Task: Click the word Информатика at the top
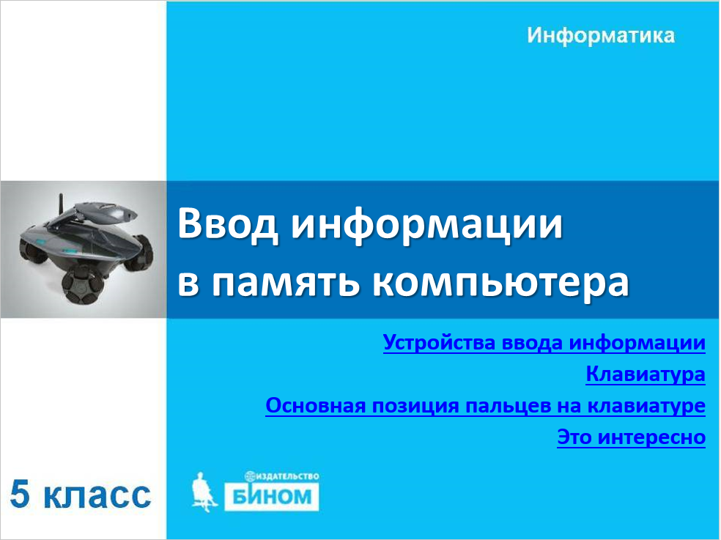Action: (x=601, y=35)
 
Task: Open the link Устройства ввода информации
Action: (x=544, y=343)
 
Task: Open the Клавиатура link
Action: (x=646, y=374)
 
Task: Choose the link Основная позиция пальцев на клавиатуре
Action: (x=486, y=406)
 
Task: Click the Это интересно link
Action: (x=632, y=437)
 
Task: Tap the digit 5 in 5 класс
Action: (x=21, y=495)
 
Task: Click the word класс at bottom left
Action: (x=98, y=496)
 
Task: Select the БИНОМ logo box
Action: (x=271, y=497)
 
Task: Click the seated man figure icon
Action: (x=203, y=492)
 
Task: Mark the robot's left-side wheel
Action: (x=30, y=251)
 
